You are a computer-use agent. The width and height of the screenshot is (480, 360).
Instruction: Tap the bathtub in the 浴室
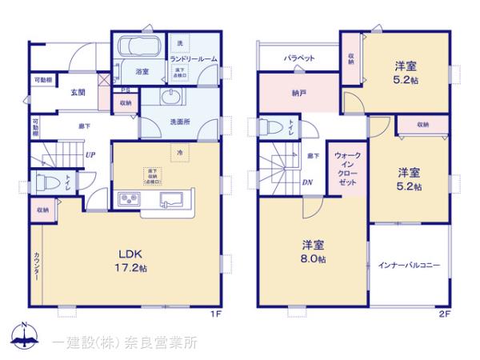(137, 47)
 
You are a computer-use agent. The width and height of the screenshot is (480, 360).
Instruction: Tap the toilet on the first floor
(47, 182)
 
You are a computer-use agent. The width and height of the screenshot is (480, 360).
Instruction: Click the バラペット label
(299, 58)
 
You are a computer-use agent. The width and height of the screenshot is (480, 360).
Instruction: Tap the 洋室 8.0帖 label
(313, 250)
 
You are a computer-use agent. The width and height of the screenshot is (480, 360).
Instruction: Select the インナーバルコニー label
(409, 265)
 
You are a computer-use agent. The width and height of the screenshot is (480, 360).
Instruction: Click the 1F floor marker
(215, 314)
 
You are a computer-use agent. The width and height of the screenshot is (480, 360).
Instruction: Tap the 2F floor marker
(445, 314)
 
